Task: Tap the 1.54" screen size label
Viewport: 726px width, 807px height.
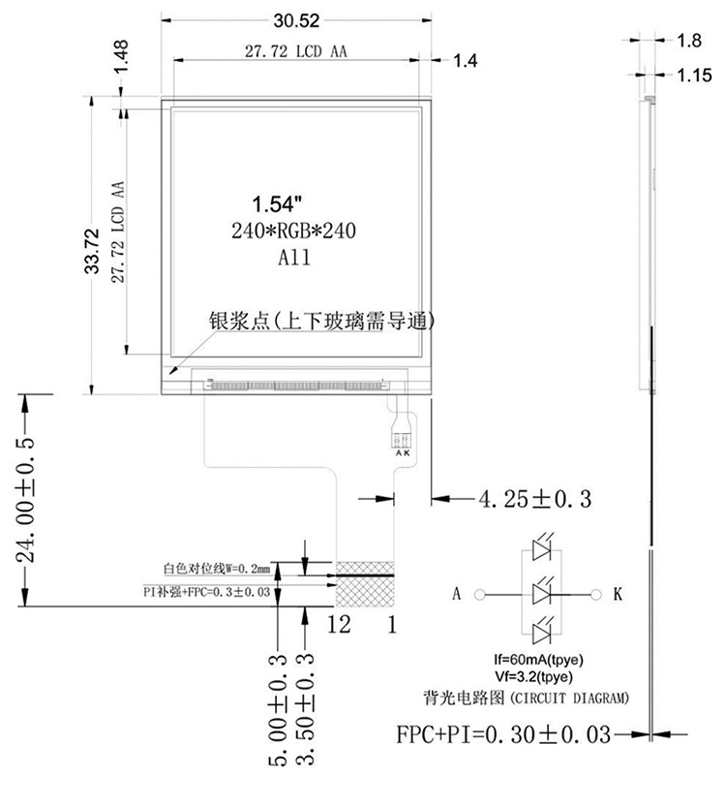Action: (x=278, y=204)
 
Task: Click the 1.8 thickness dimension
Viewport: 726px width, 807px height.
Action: (x=690, y=41)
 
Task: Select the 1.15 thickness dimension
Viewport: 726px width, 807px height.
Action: (x=693, y=75)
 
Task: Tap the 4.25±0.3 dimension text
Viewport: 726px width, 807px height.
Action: (x=534, y=499)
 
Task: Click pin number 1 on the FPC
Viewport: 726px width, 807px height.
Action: (x=392, y=625)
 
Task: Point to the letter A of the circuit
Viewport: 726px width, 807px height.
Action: (x=456, y=593)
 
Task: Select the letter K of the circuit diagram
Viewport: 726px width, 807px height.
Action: (x=617, y=593)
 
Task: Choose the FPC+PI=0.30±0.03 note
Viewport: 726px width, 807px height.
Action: (x=503, y=734)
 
